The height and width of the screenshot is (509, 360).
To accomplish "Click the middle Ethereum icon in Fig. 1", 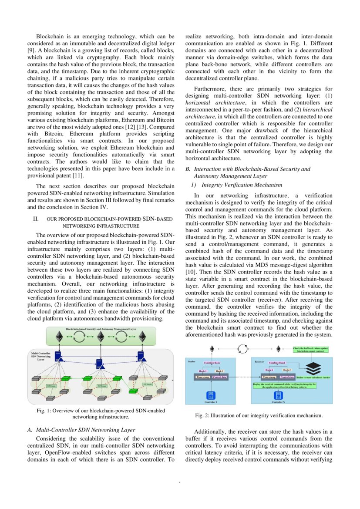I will click(101, 337).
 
